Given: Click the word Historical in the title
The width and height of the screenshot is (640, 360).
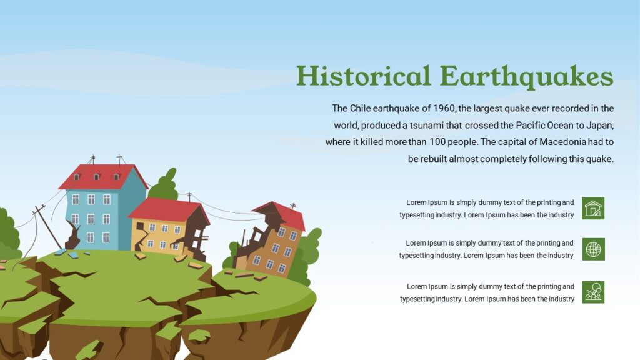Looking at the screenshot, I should pos(364,76).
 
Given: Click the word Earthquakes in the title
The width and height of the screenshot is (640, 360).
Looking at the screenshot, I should pos(526,77).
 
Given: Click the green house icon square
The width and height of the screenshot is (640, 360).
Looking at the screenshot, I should pos(593,208).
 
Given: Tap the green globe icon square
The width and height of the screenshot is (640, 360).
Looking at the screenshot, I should pos(593,249).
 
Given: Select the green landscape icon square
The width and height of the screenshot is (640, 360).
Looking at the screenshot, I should pos(593,292).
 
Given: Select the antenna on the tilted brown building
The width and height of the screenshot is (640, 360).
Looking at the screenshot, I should pos(292,206).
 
